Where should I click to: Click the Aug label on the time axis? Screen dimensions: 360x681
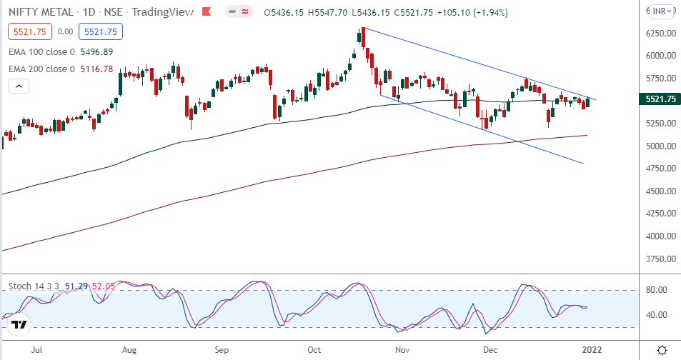click(129, 350)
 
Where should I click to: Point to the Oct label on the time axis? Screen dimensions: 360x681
click(315, 350)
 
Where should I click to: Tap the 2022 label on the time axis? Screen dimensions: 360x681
click(592, 350)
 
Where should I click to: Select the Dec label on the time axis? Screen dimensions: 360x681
click(490, 350)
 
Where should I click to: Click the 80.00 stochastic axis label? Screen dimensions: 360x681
click(657, 290)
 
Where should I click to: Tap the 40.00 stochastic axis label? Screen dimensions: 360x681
click(657, 315)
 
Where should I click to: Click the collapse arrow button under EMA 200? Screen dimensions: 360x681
click(19, 86)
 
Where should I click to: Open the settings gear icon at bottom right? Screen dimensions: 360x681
click(662, 349)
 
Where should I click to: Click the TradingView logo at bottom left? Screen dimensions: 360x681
click(20, 325)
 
